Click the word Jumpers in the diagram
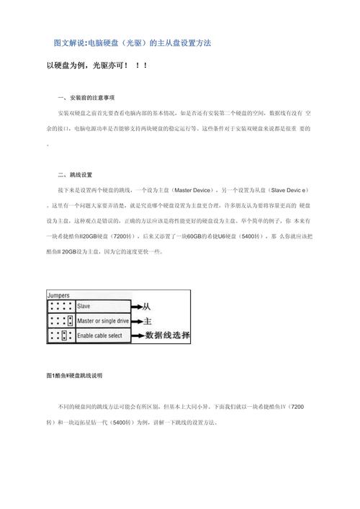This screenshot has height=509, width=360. pyautogui.click(x=59, y=295)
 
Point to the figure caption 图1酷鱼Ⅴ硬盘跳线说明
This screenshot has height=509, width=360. pyautogui.click(x=74, y=376)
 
